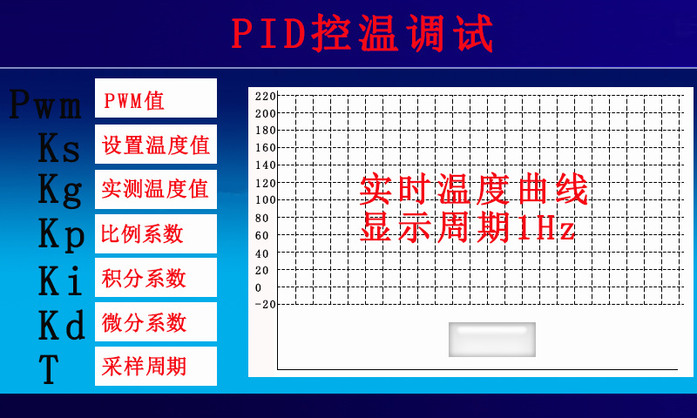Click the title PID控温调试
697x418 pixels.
pyautogui.click(x=362, y=33)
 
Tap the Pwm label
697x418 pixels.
pyautogui.click(x=45, y=104)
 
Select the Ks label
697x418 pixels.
pyautogui.click(x=59, y=148)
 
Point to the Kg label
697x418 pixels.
pyautogui.click(x=60, y=190)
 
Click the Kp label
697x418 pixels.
pyautogui.click(x=61, y=234)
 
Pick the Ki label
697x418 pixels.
pyautogui.click(x=60, y=280)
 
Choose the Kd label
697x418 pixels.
pyautogui.click(x=61, y=325)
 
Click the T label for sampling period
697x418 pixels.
pyautogui.click(x=49, y=369)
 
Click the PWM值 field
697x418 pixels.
pyautogui.click(x=156, y=98)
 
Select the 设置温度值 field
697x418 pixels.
pyautogui.click(x=156, y=144)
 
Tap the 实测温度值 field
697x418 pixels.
pyautogui.click(x=156, y=189)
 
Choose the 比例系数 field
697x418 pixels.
pyautogui.click(x=156, y=233)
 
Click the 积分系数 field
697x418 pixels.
pyautogui.click(x=156, y=277)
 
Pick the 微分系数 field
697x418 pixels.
pyautogui.click(x=156, y=321)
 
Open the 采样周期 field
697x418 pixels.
pyautogui.click(x=156, y=366)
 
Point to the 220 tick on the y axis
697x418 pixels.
pyautogui.click(x=266, y=96)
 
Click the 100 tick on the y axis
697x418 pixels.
pyautogui.click(x=266, y=200)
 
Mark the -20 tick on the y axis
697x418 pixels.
pyautogui.click(x=266, y=304)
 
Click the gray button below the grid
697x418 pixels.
pyautogui.click(x=492, y=340)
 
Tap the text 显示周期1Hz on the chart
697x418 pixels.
pyautogui.click(x=468, y=226)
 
